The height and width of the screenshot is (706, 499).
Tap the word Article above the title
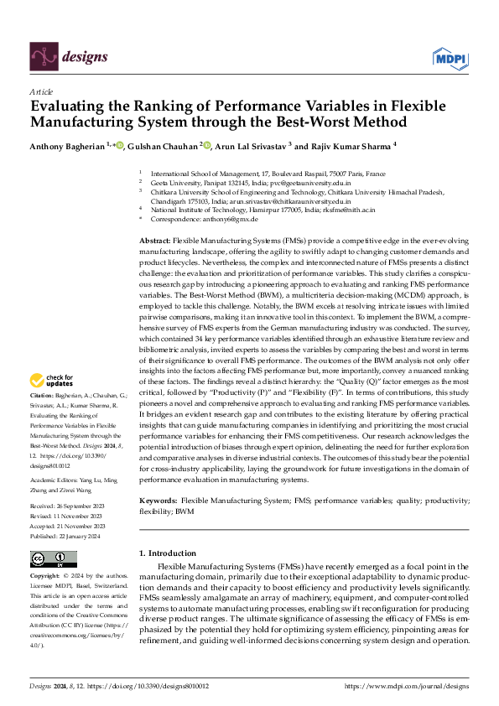pyautogui.click(x=41, y=91)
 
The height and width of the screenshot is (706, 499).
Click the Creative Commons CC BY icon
pyautogui.click(x=54, y=558)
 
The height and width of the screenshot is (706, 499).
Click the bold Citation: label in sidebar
pyautogui.click(x=41, y=394)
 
